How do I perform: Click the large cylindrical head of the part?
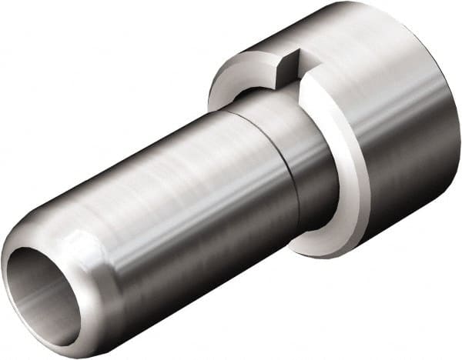(x=393, y=115)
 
